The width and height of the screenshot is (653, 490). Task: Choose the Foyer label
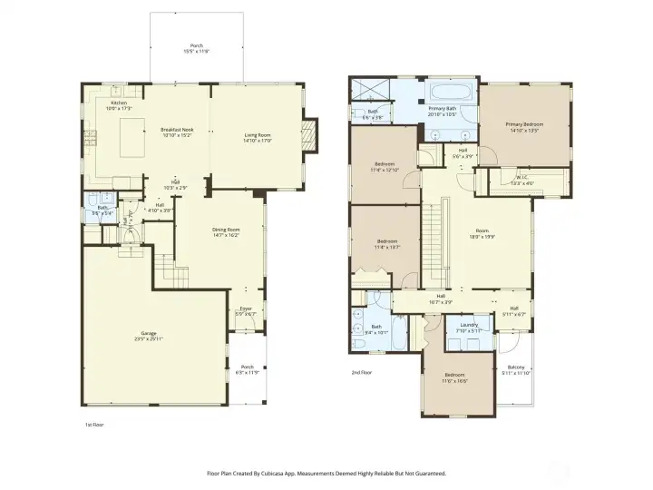246,311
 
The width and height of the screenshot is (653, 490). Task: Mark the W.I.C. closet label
523,180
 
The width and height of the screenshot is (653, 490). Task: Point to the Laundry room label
469,327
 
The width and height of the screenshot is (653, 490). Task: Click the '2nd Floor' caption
363,372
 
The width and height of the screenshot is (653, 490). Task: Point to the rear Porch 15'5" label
197,49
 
